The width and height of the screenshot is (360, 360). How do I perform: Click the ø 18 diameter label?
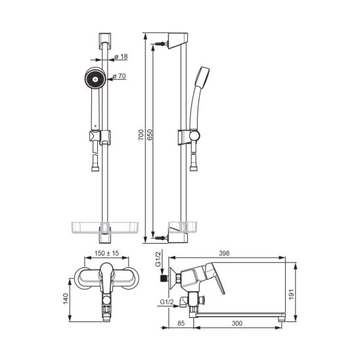[x=121, y=56]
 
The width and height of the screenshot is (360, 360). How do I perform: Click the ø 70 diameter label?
[x=120, y=76]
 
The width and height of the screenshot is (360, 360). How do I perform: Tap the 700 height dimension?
[x=141, y=135]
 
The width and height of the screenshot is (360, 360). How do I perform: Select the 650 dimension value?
[x=150, y=135]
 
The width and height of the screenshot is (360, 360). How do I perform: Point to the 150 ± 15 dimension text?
[x=107, y=253]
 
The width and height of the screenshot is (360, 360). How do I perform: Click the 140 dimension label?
[x=66, y=299]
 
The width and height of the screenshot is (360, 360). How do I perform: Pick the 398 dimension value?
[x=224, y=253]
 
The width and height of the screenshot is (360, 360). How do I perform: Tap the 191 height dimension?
[x=291, y=294]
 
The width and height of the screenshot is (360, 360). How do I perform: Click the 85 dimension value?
[x=181, y=323]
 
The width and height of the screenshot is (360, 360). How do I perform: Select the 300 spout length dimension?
[x=237, y=323]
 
